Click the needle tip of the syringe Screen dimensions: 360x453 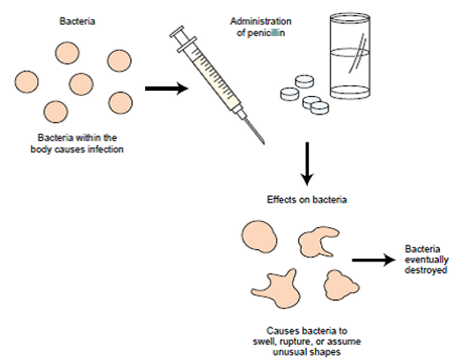[x=262, y=142]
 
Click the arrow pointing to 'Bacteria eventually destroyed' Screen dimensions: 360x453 [x=371, y=261]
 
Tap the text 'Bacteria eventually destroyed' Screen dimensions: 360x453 [x=426, y=260]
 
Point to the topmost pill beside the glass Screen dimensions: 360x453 [x=303, y=81]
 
